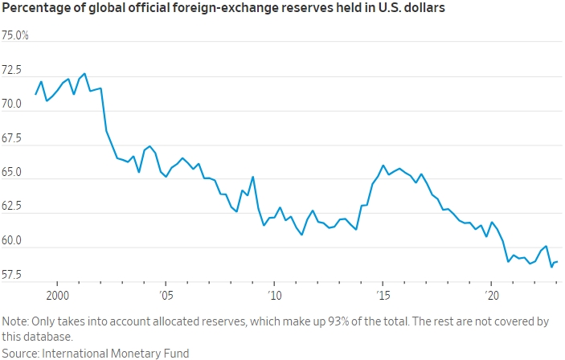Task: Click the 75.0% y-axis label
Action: click(x=15, y=36)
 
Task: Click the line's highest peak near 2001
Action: click(x=85, y=73)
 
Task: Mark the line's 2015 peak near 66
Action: click(x=383, y=166)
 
